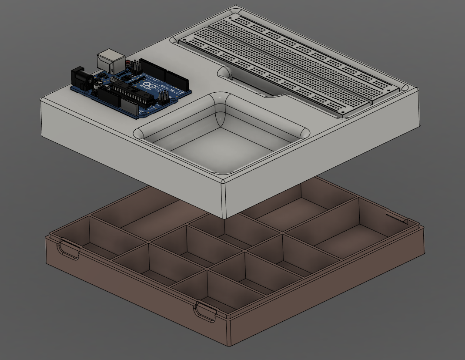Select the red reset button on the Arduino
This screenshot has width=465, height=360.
click(x=127, y=63)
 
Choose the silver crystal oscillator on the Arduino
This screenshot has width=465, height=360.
click(x=114, y=79)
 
